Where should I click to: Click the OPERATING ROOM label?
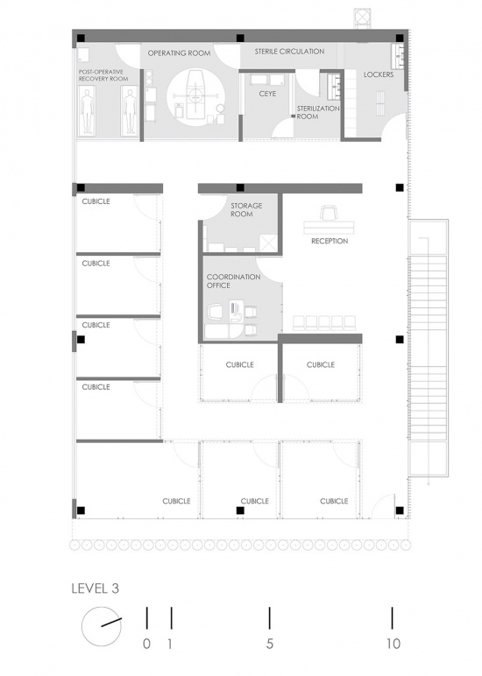point(179,53)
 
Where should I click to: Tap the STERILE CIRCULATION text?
point(289,52)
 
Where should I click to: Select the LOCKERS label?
point(379,74)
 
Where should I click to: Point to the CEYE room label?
point(267,94)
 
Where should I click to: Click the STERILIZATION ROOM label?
point(318,113)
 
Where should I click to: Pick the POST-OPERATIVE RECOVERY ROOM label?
point(103,75)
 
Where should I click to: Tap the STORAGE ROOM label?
point(246,209)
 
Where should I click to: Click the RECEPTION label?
point(330,241)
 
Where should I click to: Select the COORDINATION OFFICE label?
point(233,281)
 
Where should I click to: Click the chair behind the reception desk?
point(330,214)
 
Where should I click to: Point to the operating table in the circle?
point(195,95)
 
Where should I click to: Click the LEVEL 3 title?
point(95,588)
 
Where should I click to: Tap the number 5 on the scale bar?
point(270,644)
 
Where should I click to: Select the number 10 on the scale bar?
point(393,644)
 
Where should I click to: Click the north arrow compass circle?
point(102,626)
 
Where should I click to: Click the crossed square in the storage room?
point(268,243)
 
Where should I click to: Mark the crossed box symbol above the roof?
point(362,18)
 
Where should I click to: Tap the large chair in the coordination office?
point(216,311)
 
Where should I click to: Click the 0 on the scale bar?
point(146,644)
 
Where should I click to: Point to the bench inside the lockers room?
point(379,103)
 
